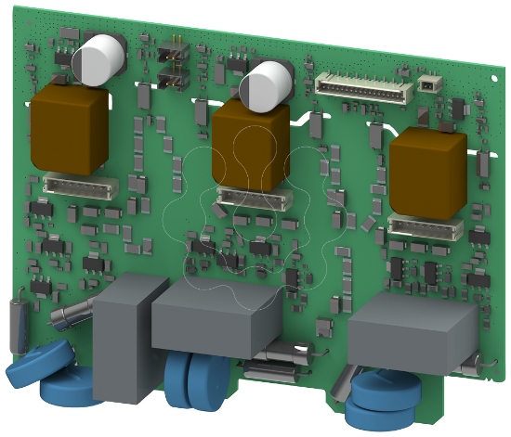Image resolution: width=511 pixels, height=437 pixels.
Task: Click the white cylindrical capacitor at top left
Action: pyautogui.click(x=100, y=59)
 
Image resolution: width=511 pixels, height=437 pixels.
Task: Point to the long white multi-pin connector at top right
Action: pyautogui.click(x=364, y=86)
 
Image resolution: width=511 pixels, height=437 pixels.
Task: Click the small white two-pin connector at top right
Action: pyautogui.click(x=427, y=84)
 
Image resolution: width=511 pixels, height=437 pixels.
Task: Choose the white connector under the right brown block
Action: pyautogui.click(x=425, y=227)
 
